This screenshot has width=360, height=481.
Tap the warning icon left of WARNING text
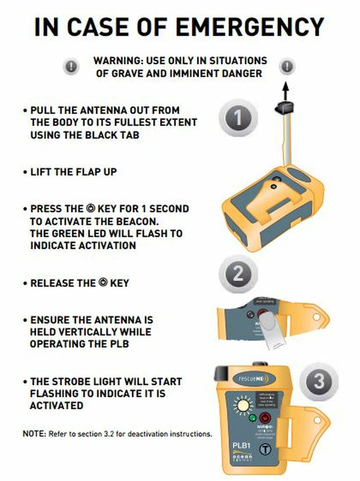(71, 66)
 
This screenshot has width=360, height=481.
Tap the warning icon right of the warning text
(288, 66)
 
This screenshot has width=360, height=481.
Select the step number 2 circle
(238, 274)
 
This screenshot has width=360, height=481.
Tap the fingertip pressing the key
(272, 330)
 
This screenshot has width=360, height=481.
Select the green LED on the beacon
(252, 418)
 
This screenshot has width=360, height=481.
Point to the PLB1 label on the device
(241, 446)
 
